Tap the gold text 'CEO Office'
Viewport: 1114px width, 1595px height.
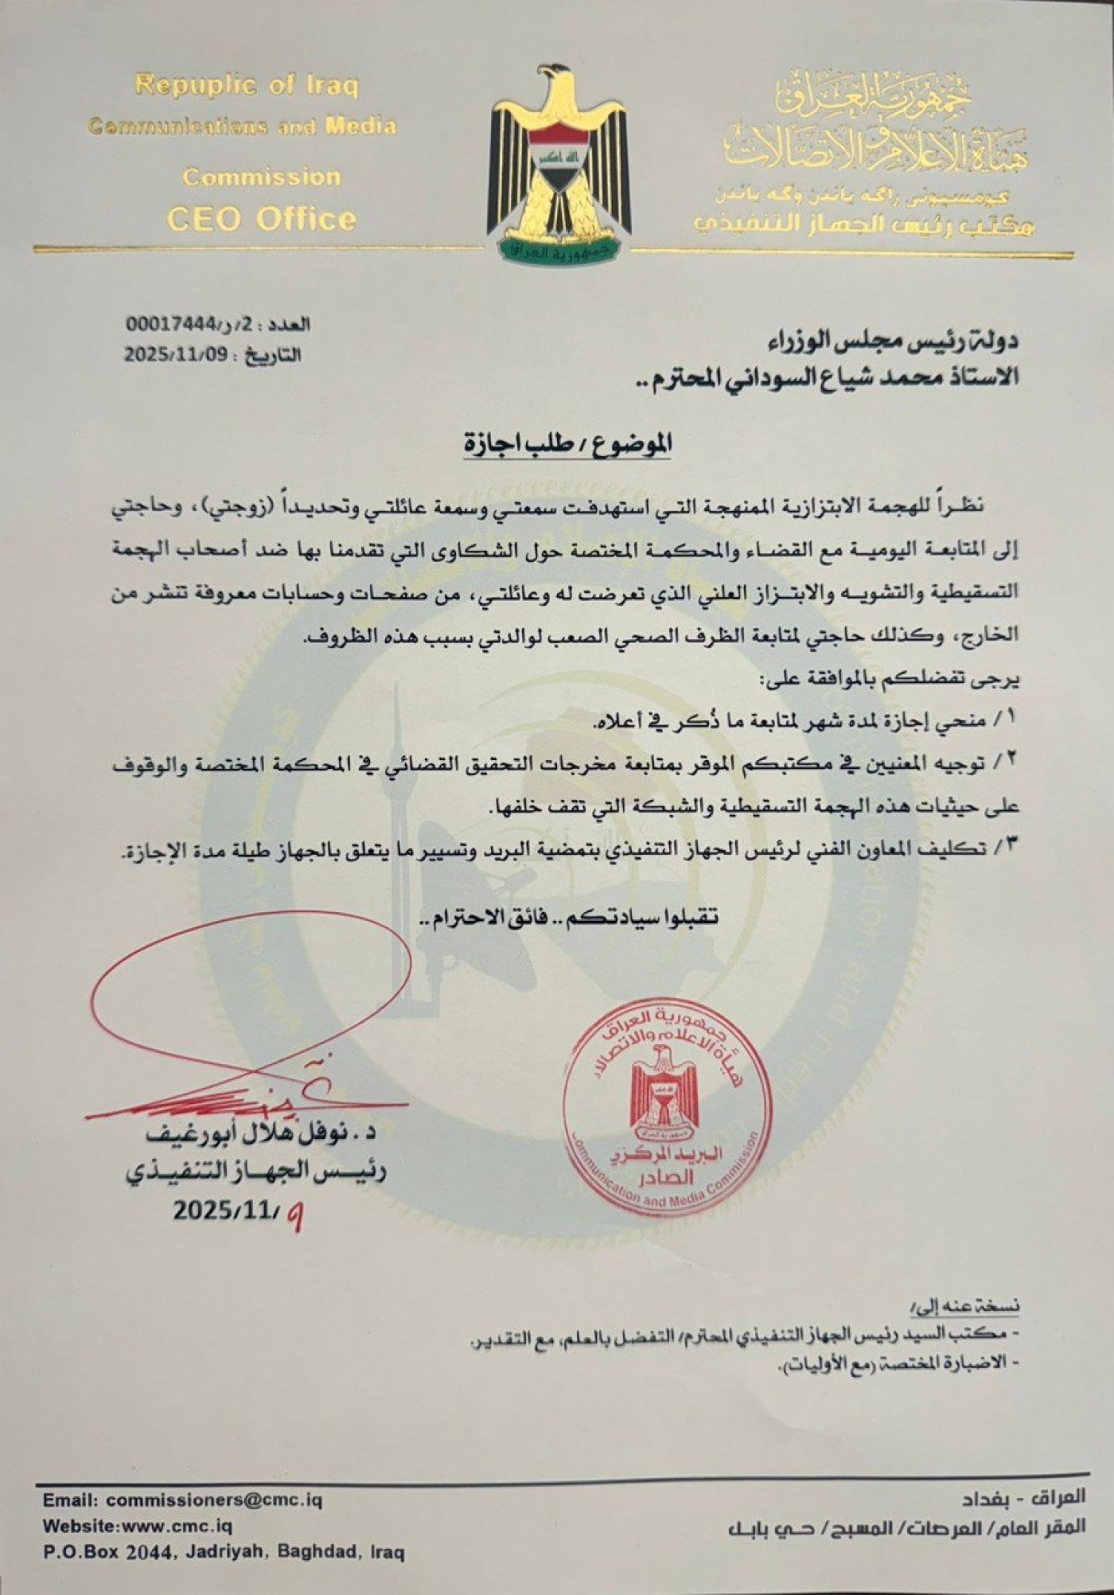[x=261, y=218]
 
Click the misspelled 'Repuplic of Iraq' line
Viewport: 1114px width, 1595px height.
[x=247, y=85]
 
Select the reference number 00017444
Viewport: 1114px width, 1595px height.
[x=172, y=324]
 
